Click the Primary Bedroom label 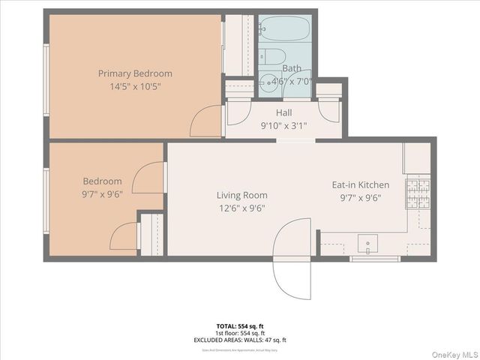(135, 73)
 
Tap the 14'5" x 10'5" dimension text (135, 86)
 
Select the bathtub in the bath (284, 29)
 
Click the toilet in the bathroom (273, 57)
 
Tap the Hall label (283, 112)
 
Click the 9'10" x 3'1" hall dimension (283, 125)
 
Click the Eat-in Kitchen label (361, 184)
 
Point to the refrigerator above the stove (417, 157)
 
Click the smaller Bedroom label (102, 181)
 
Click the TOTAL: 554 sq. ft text (240, 326)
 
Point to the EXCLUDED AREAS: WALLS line (240, 340)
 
